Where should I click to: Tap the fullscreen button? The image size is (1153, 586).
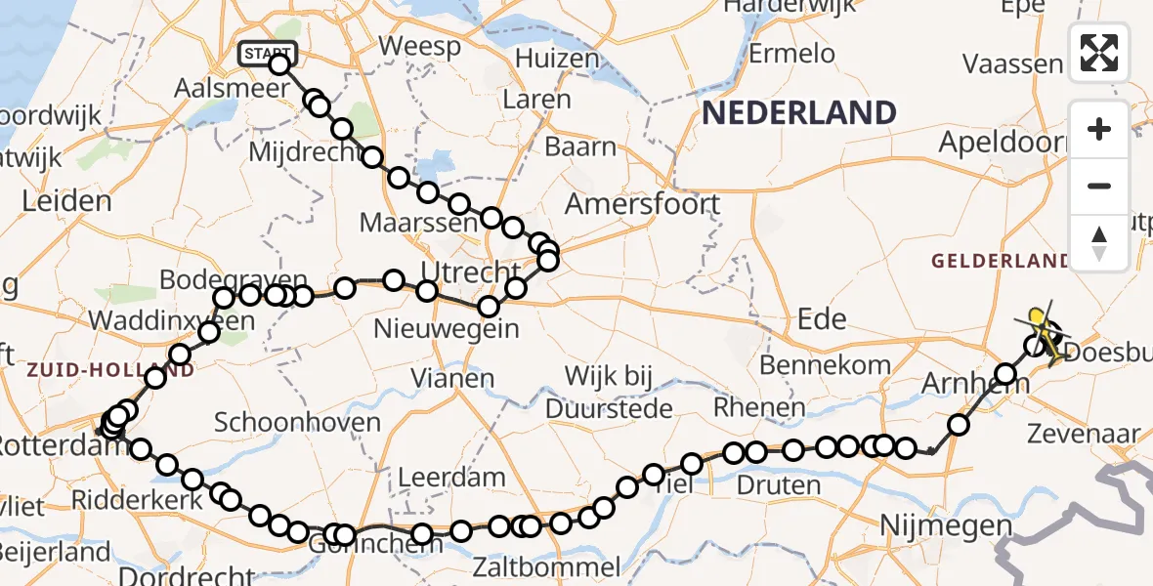pyautogui.click(x=1099, y=53)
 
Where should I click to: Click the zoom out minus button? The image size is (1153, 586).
pyautogui.click(x=1099, y=186)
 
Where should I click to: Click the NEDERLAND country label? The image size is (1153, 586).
pyautogui.click(x=798, y=113)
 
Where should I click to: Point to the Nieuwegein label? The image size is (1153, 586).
pyautogui.click(x=447, y=329)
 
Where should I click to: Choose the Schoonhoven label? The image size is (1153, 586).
pyautogui.click(x=297, y=423)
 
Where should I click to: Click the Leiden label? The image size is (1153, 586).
pyautogui.click(x=65, y=202)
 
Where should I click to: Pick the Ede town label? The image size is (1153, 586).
pyautogui.click(x=822, y=317)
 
